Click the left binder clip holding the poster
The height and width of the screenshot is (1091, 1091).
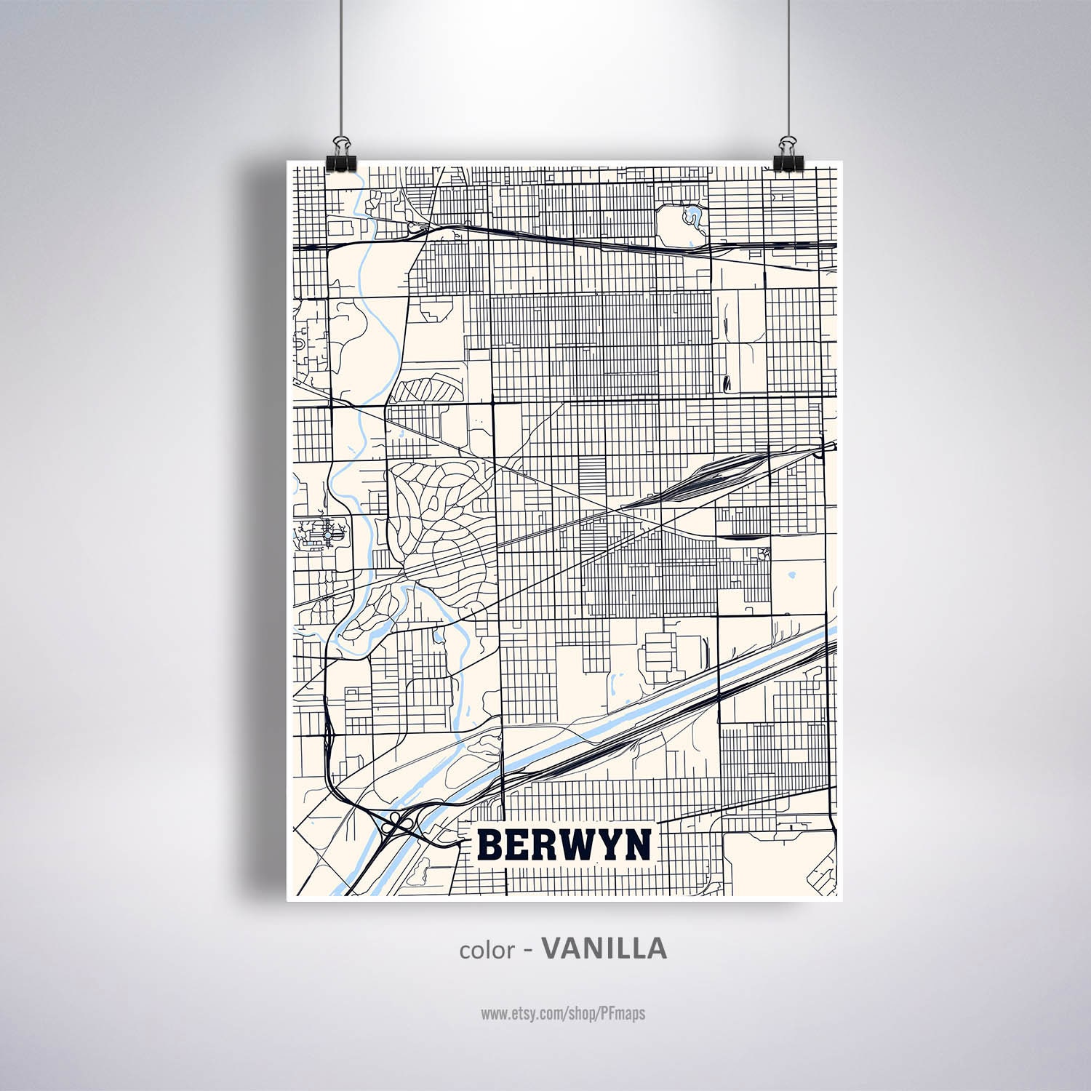tap(341, 153)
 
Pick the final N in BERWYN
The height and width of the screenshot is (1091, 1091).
tap(640, 844)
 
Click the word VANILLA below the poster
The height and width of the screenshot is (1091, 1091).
tap(604, 948)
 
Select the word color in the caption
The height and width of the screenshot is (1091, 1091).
tap(487, 950)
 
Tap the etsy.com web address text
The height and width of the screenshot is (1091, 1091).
tap(562, 1013)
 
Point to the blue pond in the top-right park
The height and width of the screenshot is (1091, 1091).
tap(692, 215)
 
